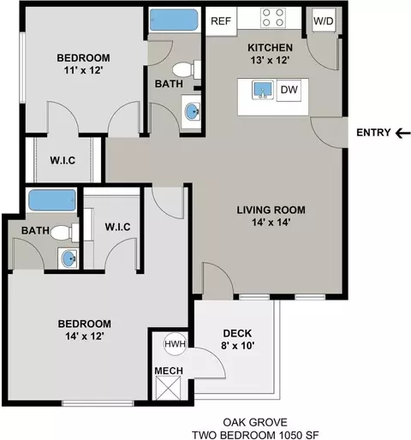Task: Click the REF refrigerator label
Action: tap(221, 21)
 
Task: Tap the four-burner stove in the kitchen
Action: tap(273, 18)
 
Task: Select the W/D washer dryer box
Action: tap(324, 21)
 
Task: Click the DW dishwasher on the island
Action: tap(289, 90)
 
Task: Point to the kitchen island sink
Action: tap(263, 90)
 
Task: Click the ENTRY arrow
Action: tap(403, 133)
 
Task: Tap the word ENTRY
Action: tap(373, 133)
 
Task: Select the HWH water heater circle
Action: tap(175, 344)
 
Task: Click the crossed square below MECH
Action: tap(169, 388)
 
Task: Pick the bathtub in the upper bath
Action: tap(174, 20)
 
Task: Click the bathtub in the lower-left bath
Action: tap(52, 200)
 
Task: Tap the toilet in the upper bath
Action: tap(187, 69)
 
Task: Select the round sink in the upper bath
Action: tap(193, 112)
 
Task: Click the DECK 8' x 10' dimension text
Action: tap(237, 346)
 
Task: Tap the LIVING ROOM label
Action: tap(271, 210)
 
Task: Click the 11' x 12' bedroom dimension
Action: tap(83, 70)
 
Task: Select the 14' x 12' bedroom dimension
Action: tap(85, 336)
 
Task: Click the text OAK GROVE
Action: tap(255, 422)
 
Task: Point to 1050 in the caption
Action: tap(290, 436)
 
